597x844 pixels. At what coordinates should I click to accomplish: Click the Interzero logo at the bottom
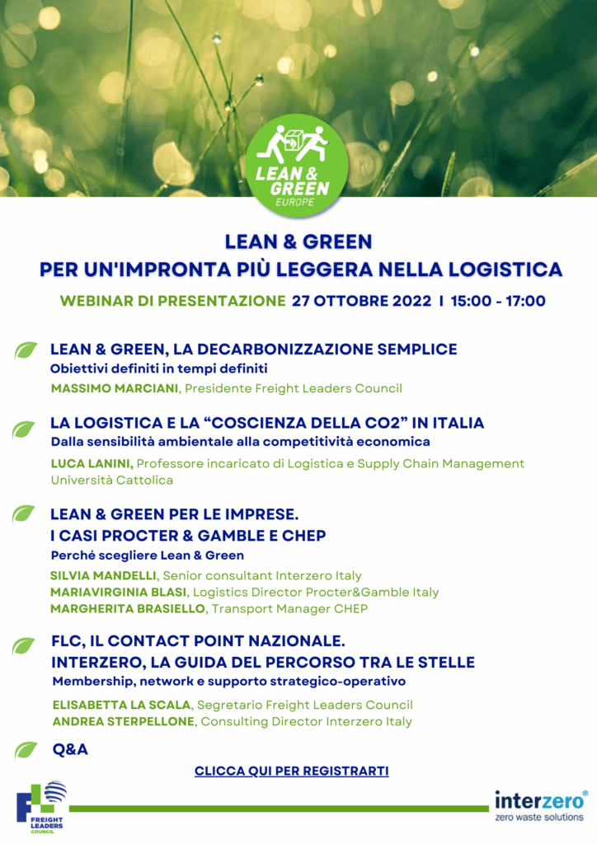pos(541,805)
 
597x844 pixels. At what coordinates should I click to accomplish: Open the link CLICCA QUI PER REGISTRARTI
pos(291,771)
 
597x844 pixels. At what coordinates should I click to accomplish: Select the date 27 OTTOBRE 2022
pos(361,301)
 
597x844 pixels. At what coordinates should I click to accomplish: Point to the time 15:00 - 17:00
pos(497,301)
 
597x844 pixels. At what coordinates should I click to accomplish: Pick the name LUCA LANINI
pos(92,463)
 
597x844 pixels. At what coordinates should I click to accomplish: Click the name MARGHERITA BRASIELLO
pos(129,608)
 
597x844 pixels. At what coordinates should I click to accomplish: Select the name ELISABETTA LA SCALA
pos(120,705)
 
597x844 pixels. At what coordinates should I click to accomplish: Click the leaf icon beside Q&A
pos(26,750)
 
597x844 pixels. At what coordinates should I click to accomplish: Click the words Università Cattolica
pos(112,480)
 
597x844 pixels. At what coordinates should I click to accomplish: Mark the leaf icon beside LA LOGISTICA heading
pos(24,429)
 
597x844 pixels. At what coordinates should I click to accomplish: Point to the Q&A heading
pos(69,749)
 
